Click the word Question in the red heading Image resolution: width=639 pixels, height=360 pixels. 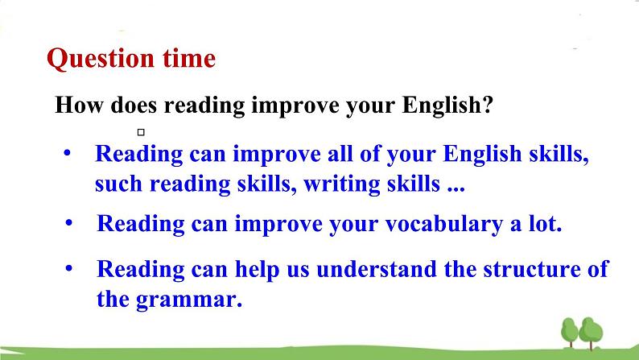(x=101, y=59)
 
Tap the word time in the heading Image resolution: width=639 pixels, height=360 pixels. (x=189, y=58)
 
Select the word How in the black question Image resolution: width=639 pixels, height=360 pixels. (x=79, y=105)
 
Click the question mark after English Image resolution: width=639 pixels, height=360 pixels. (x=489, y=105)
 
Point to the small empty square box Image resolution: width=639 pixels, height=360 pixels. (x=141, y=132)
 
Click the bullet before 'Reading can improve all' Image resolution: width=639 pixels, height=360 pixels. (x=68, y=154)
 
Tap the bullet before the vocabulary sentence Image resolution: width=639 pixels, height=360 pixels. (x=69, y=223)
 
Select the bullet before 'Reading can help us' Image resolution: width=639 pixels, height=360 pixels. (x=69, y=269)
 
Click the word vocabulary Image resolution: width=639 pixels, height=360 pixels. (x=443, y=224)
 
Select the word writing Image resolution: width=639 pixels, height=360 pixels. (x=341, y=184)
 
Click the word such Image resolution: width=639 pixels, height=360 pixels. (x=118, y=184)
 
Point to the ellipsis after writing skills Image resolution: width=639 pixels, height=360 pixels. (x=456, y=189)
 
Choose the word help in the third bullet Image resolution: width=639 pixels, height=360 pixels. (x=258, y=270)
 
